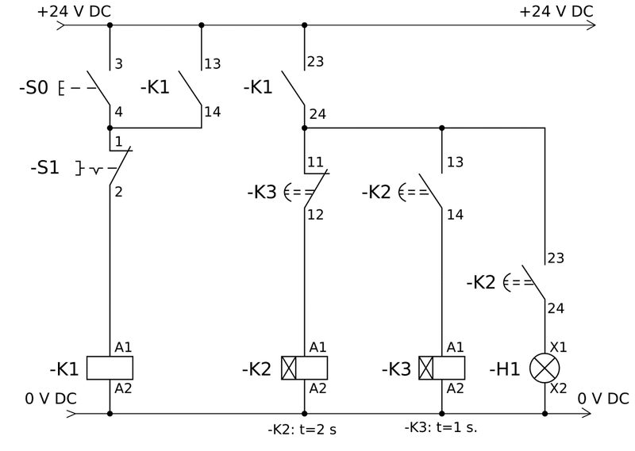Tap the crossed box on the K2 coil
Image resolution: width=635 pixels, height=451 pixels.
pos(289,368)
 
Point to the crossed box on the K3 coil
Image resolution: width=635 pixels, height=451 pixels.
pos(426,368)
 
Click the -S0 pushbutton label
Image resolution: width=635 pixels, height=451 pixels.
pos(33,87)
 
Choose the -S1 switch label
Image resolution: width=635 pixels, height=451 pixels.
pos(45,167)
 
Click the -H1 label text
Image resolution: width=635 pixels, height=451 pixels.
pos(504,369)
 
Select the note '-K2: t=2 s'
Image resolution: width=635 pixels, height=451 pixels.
pos(302,429)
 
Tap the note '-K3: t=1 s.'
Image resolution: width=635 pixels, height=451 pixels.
pos(441,427)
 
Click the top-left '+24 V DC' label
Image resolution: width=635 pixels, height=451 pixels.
pos(74,11)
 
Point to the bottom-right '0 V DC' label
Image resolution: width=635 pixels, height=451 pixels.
pos(603,399)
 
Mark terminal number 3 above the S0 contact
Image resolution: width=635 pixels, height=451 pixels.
pos(118,64)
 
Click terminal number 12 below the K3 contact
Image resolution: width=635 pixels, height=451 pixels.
pos(315,215)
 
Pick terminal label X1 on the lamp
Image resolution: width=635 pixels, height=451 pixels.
pos(558,347)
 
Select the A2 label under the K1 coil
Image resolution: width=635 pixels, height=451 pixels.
pos(123,388)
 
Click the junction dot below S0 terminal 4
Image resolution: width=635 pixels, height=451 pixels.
pos(110,128)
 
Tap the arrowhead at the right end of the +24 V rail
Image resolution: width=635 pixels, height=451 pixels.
pos(591,25)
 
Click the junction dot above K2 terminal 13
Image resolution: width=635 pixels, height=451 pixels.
pos(442,128)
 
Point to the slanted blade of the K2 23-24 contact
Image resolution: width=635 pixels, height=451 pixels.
pos(533,282)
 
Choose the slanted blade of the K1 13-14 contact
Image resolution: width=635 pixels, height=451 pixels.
pos(190,88)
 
